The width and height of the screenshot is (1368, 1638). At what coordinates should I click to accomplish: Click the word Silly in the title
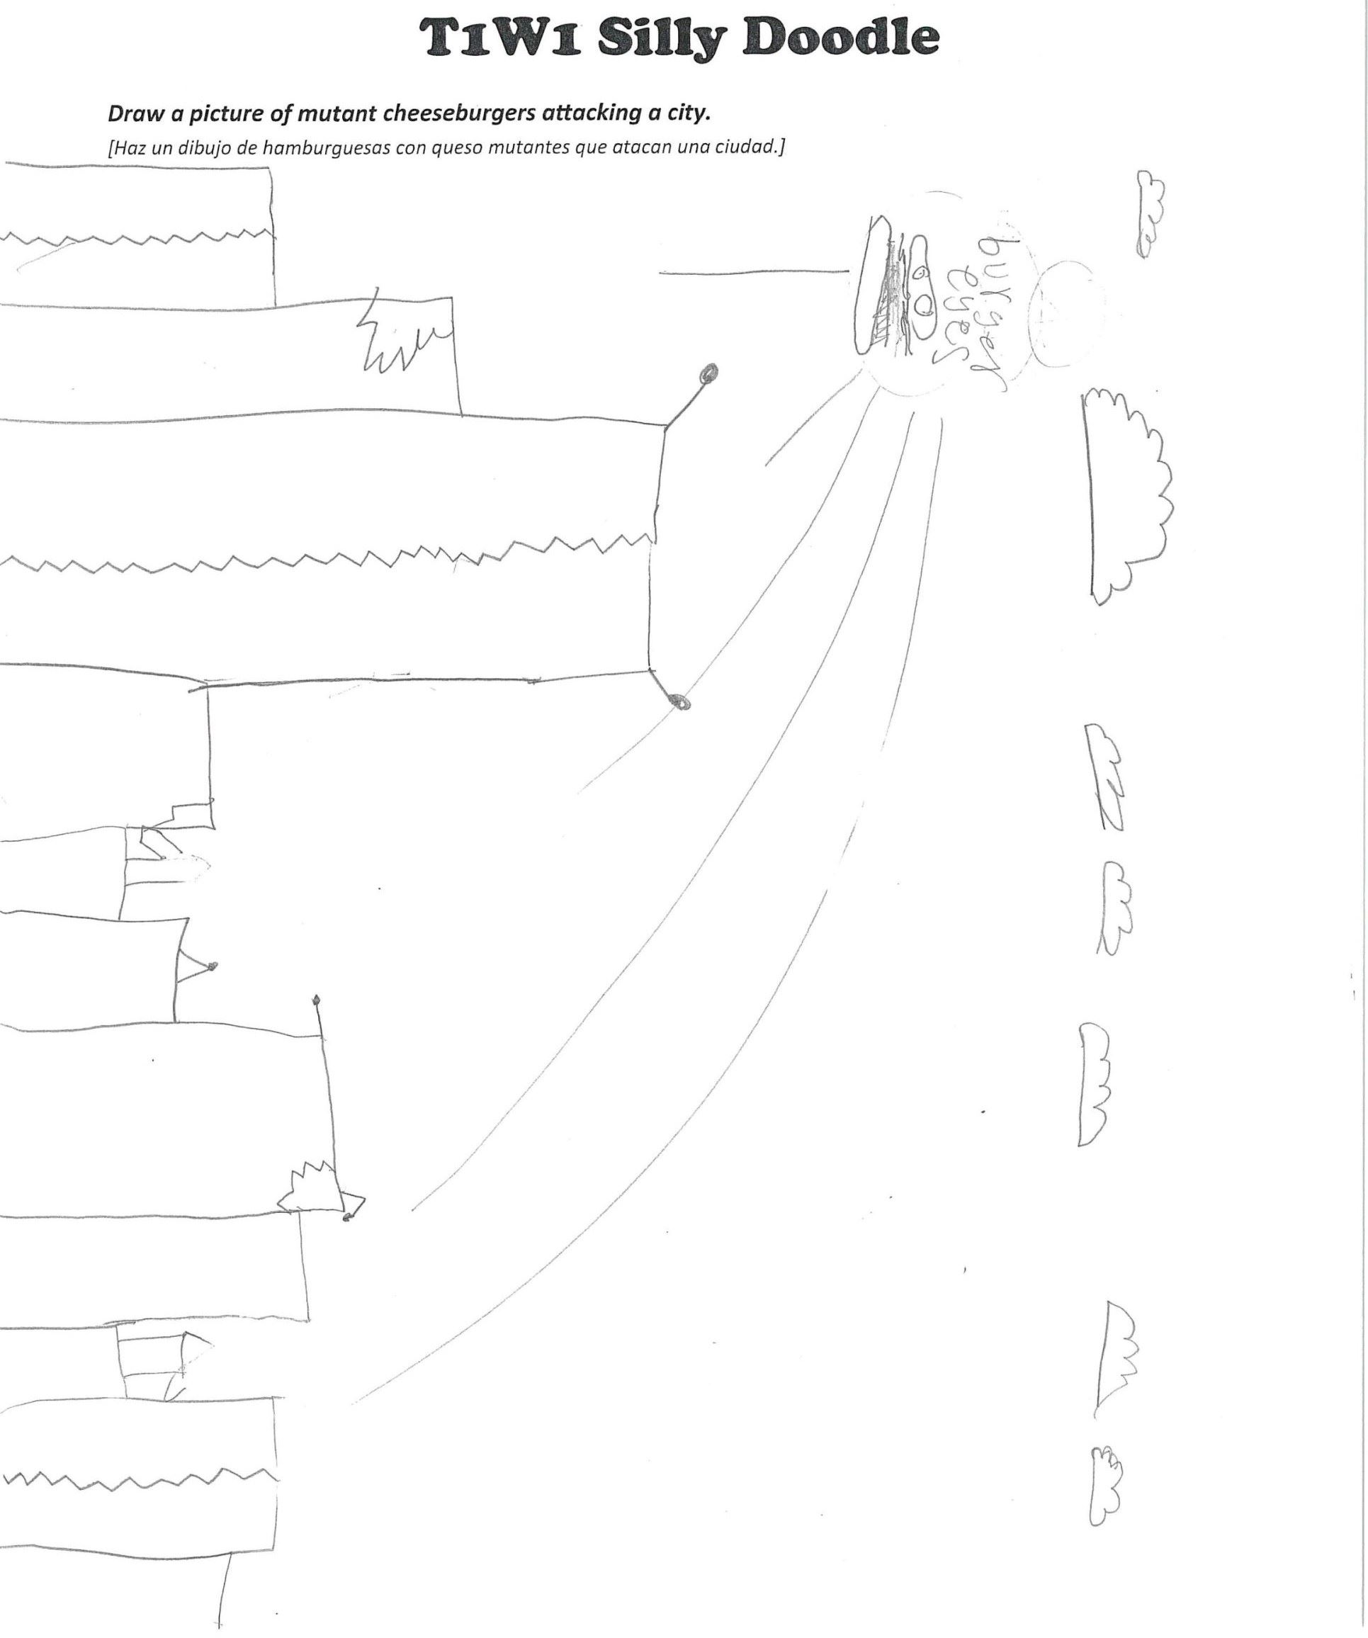point(664,38)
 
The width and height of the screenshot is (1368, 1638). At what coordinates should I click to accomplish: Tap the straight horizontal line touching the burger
point(754,272)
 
